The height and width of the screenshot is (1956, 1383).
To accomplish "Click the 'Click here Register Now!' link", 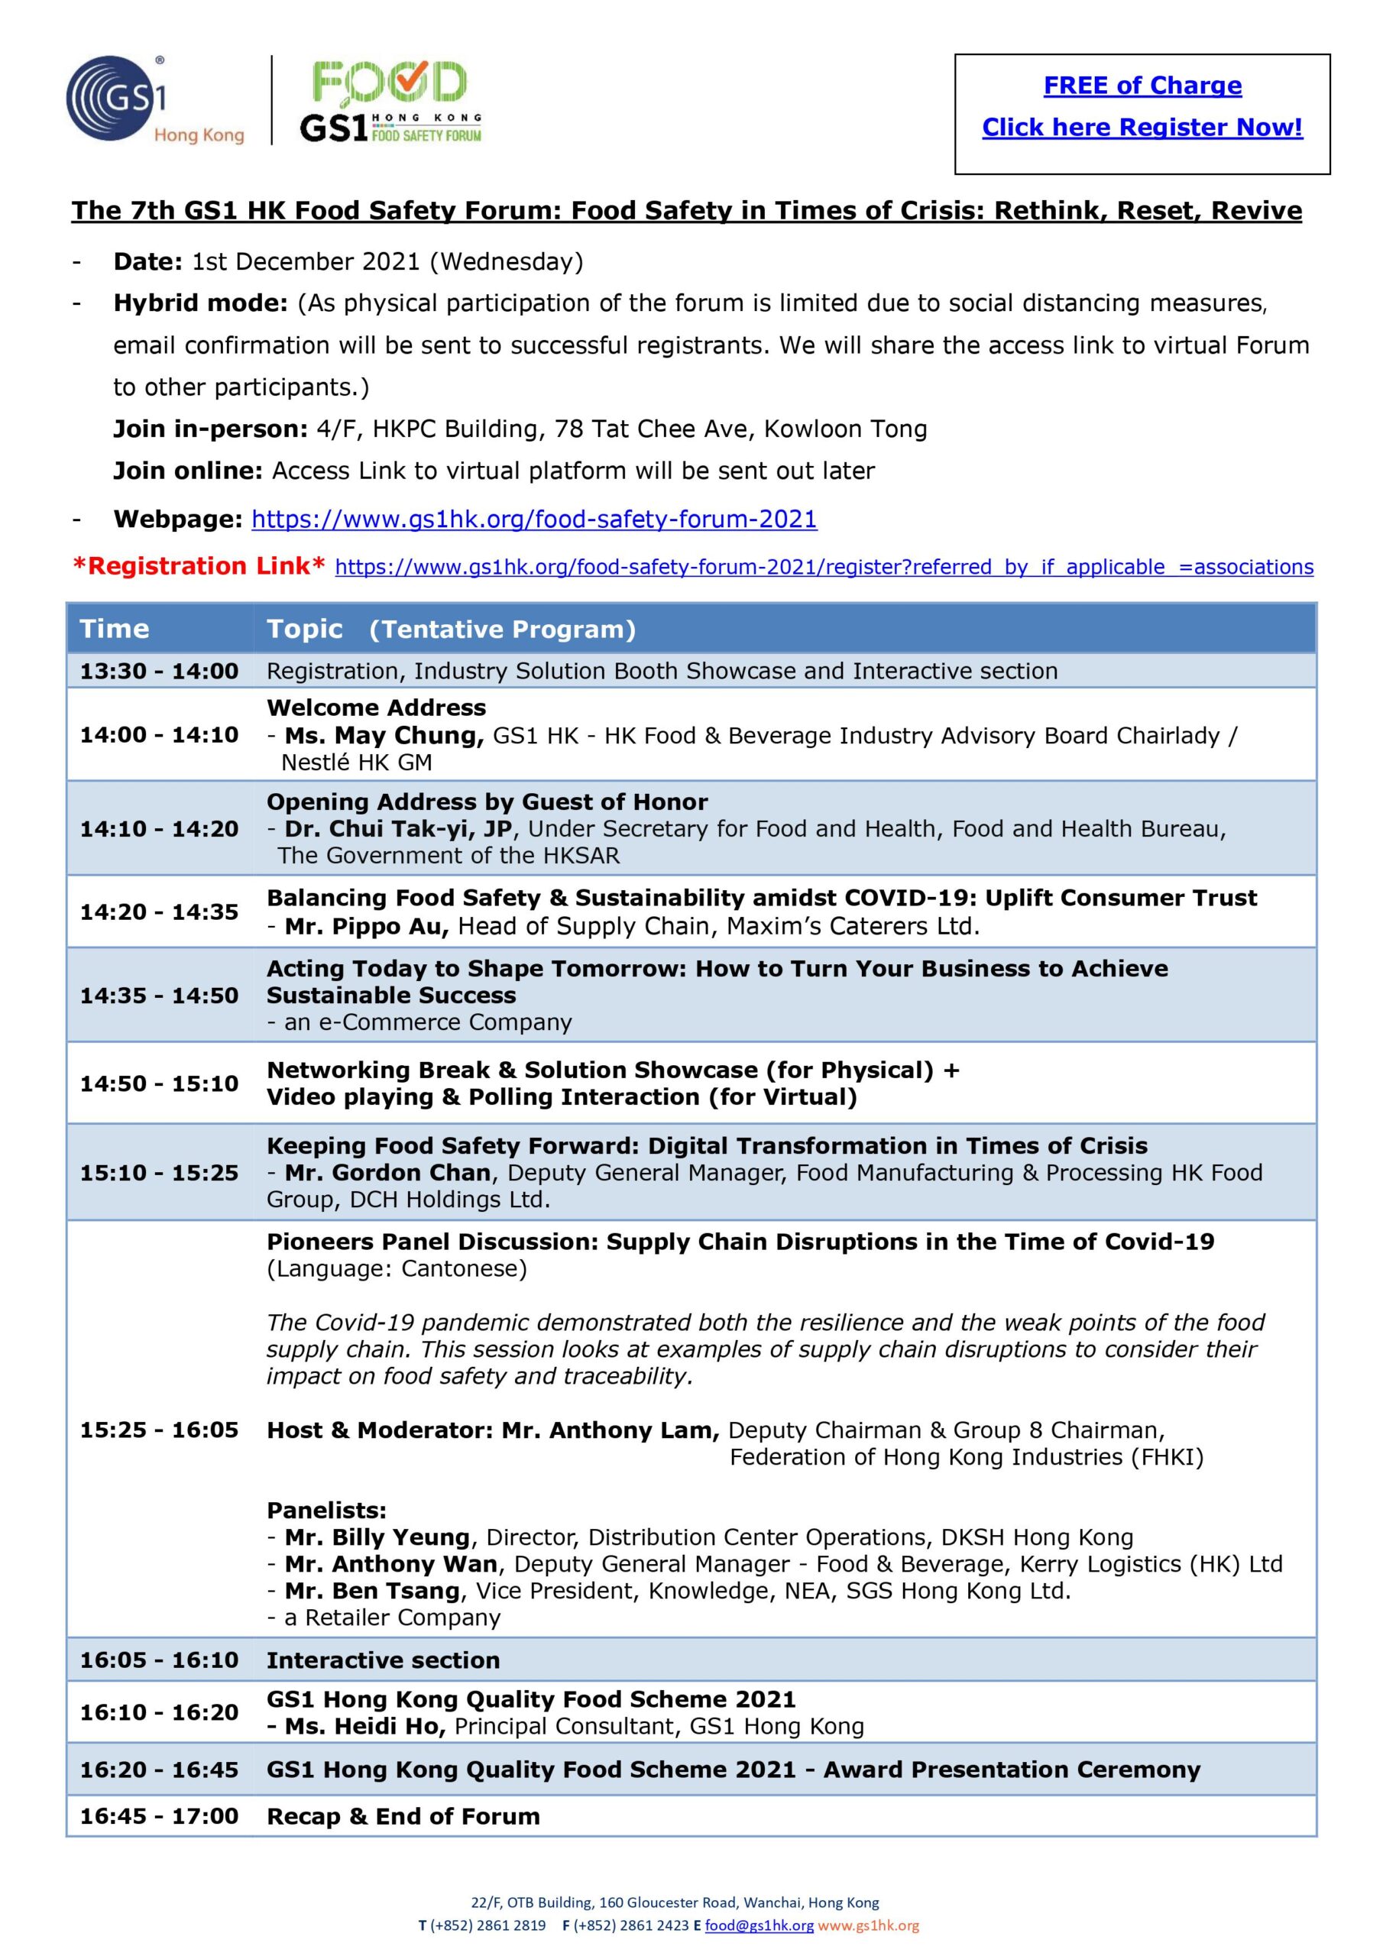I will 1142,128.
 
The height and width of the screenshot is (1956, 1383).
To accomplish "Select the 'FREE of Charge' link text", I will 1142,86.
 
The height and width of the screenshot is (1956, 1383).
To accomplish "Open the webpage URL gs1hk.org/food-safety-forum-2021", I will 533,520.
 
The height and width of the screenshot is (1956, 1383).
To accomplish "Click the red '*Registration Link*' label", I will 198,566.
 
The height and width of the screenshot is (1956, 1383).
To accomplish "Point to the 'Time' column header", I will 114,629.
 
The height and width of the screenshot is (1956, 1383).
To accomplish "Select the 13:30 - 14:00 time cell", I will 160,672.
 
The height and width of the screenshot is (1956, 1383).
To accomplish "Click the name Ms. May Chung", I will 384,735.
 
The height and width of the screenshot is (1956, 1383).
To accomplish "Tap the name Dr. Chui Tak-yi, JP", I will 398,829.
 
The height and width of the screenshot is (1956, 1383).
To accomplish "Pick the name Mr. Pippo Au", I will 367,926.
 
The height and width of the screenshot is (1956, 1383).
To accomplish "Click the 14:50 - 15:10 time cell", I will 160,1083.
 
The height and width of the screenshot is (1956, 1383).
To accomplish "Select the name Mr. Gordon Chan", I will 387,1173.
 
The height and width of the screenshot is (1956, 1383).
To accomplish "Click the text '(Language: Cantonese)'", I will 397,1269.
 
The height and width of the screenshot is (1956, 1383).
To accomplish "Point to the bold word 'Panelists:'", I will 326,1511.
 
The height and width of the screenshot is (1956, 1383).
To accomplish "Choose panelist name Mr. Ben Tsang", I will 371,1591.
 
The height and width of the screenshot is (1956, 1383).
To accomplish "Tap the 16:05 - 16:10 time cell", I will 160,1660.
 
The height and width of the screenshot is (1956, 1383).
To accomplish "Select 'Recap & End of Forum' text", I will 403,1816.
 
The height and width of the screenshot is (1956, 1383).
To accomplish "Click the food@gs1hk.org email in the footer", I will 759,1925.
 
